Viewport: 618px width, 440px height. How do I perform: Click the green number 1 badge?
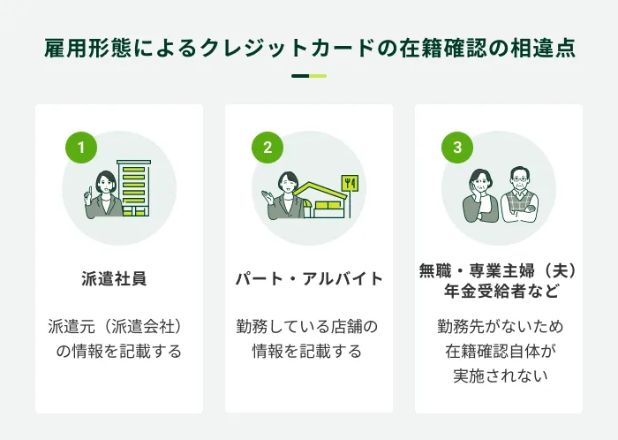pos(81,148)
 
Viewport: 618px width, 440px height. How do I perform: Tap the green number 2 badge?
pos(268,148)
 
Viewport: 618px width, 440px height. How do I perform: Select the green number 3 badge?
pos(457,148)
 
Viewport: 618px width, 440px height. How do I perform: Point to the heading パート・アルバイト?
pos(309,279)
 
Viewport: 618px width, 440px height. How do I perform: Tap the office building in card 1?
pos(134,187)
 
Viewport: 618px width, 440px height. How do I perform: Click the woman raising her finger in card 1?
pos(105,196)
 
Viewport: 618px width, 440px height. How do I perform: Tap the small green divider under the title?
pos(309,76)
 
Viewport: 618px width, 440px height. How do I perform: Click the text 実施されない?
pos(499,375)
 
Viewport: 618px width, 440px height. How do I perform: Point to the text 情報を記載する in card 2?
pos(307,351)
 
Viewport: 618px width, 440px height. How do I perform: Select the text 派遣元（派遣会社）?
pos(119,327)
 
